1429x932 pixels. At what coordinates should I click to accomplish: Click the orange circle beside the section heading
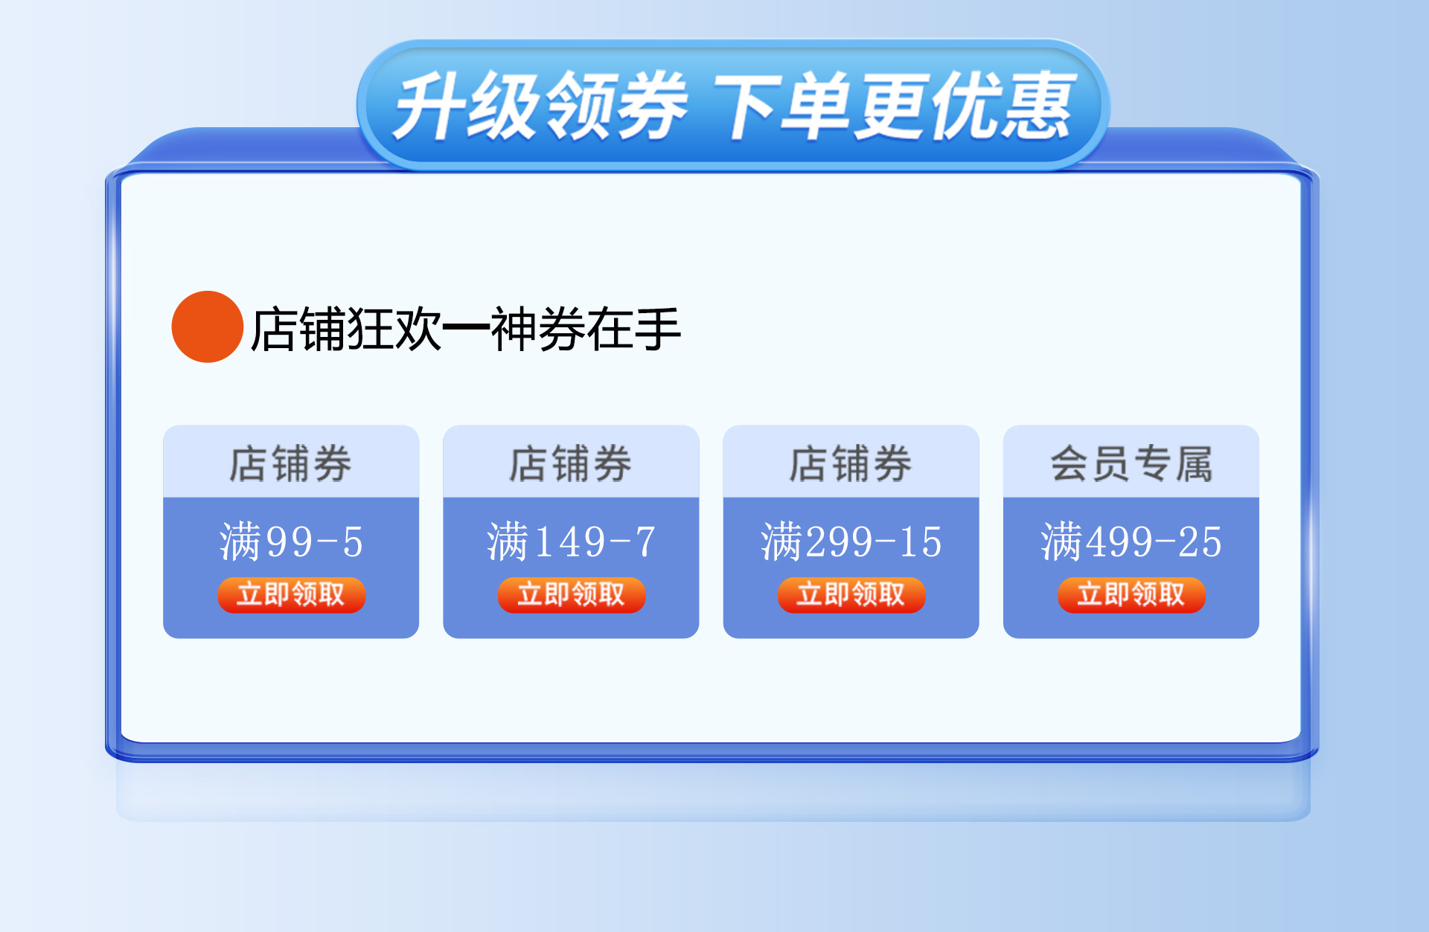[207, 327]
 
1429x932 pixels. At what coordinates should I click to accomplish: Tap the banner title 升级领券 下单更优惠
[733, 106]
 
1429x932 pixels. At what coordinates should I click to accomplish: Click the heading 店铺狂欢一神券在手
[466, 329]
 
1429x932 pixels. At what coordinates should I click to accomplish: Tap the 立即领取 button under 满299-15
[851, 595]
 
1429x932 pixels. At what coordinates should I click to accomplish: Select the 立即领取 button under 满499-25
[1131, 595]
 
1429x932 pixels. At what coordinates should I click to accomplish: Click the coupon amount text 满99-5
[291, 541]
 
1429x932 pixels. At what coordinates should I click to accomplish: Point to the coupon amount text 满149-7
[571, 541]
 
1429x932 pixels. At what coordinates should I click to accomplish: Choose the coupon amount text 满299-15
[851, 541]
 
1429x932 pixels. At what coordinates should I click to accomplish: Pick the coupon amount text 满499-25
[1131, 541]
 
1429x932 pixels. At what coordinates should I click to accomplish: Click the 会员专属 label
[1131, 463]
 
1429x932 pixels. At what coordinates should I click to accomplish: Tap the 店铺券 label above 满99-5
[290, 463]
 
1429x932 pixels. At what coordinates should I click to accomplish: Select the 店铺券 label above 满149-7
[571, 463]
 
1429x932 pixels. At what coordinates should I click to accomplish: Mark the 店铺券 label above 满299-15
[851, 463]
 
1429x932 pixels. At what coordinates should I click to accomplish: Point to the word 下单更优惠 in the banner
[895, 106]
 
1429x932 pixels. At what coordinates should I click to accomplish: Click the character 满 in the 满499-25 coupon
[1061, 541]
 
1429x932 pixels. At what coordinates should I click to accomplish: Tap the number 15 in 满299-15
[921, 541]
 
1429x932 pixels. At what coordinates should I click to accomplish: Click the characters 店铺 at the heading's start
[298, 329]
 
